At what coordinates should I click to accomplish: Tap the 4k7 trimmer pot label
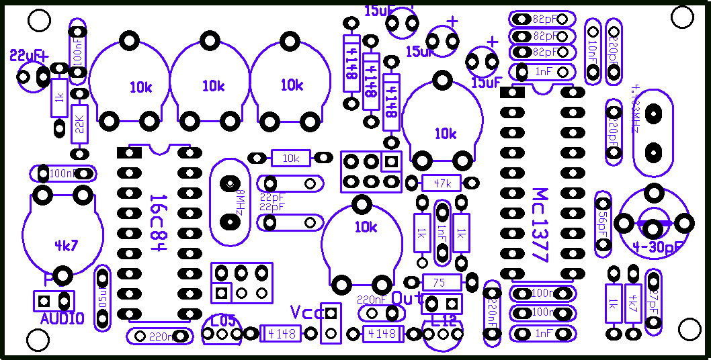click(67, 245)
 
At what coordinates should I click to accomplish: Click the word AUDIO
click(62, 319)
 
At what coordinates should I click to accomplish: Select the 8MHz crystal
click(231, 201)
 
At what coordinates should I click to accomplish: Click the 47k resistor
click(442, 183)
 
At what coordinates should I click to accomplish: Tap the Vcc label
click(306, 312)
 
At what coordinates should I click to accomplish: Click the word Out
click(407, 298)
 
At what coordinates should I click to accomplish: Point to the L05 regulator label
click(223, 320)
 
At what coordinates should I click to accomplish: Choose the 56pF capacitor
click(603, 223)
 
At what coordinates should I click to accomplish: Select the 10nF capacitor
click(593, 51)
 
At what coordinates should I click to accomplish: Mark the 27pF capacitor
click(653, 302)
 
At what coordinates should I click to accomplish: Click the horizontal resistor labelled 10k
click(290, 159)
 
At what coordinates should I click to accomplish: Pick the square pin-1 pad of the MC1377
click(512, 92)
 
